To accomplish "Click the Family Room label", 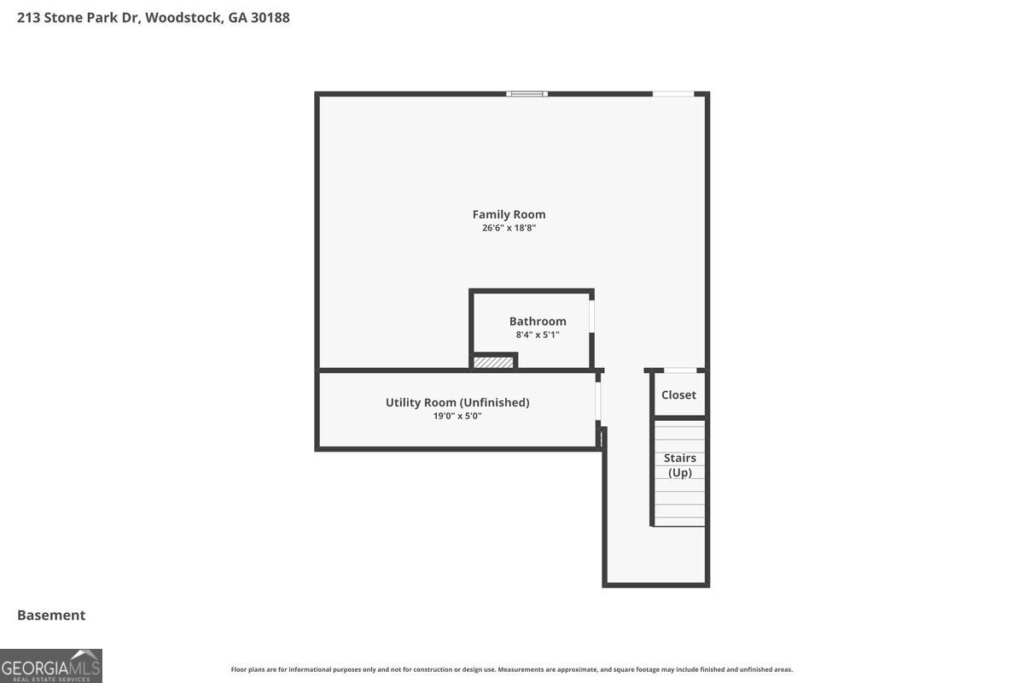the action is tap(509, 214).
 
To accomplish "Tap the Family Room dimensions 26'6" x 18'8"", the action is tap(509, 228).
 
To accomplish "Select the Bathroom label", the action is tap(538, 321).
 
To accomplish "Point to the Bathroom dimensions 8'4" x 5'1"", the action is tap(538, 335).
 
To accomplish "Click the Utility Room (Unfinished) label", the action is tap(457, 403).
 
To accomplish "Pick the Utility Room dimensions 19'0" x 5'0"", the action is tap(457, 416).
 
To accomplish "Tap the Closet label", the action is tap(679, 394).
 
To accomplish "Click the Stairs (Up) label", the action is tap(680, 465).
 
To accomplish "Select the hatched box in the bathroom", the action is tap(493, 362).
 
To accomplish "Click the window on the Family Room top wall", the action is tap(527, 94).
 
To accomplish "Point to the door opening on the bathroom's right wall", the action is tap(591, 316).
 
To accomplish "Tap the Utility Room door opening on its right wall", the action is tap(598, 400).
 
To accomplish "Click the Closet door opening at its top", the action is tap(680, 370).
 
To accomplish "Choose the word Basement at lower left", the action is tap(51, 616).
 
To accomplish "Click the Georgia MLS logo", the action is tap(50, 666).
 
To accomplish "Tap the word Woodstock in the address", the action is tap(184, 17).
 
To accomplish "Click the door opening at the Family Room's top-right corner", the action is tap(673, 94).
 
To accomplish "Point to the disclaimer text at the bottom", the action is tap(512, 669).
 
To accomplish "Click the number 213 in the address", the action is tap(28, 17).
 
